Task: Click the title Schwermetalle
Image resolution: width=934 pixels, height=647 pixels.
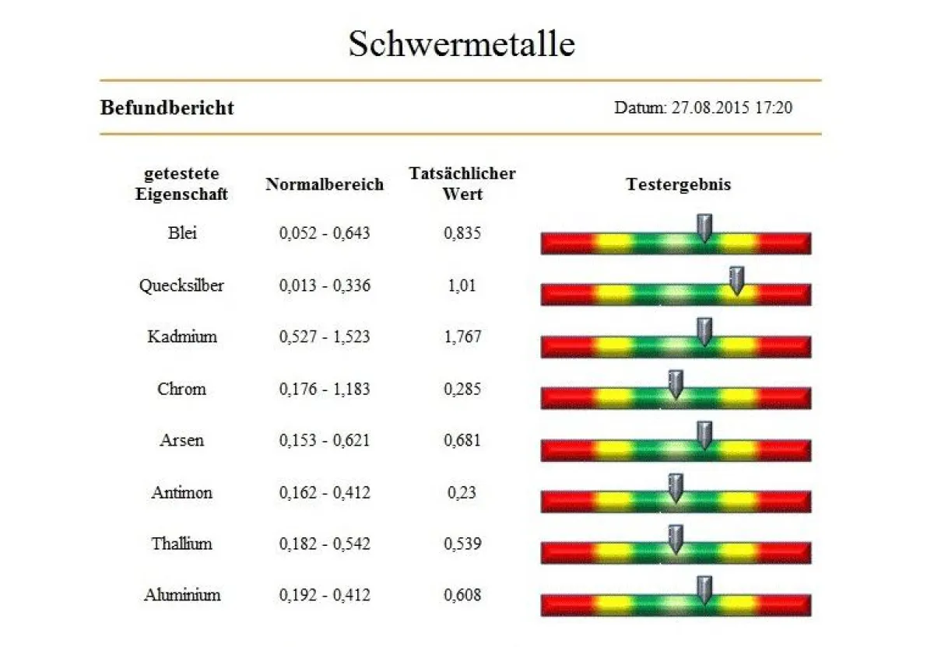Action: pyautogui.click(x=462, y=44)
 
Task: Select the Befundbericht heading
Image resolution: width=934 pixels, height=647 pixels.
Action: pyautogui.click(x=167, y=107)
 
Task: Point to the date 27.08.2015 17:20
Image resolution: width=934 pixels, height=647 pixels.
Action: pyautogui.click(x=703, y=107)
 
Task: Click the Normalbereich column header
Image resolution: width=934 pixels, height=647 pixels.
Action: pyautogui.click(x=325, y=184)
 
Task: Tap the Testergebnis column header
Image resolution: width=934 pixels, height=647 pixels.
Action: pyautogui.click(x=678, y=184)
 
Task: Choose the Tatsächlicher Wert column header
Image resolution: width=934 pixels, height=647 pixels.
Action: pyautogui.click(x=462, y=184)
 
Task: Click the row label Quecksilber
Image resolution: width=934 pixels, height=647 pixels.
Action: pyautogui.click(x=181, y=285)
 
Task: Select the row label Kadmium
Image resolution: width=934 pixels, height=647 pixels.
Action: pyautogui.click(x=181, y=337)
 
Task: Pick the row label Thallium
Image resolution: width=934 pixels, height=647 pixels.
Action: pyautogui.click(x=181, y=544)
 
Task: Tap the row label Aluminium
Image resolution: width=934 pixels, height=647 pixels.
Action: pyautogui.click(x=181, y=595)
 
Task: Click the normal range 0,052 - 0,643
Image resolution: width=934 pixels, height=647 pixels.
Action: pyautogui.click(x=325, y=233)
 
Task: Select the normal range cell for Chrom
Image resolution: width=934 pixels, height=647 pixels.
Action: pyautogui.click(x=325, y=389)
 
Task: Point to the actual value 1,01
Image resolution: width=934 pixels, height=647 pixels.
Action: pyautogui.click(x=462, y=285)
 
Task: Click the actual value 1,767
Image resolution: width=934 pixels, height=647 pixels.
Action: pyautogui.click(x=462, y=337)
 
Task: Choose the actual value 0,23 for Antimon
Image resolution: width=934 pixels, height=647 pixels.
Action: pyautogui.click(x=462, y=492)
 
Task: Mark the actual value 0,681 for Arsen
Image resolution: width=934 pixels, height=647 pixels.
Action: pyautogui.click(x=462, y=440)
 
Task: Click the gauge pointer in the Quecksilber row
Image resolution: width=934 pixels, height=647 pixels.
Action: pyautogui.click(x=736, y=281)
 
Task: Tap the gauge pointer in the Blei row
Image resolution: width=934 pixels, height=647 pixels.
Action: pyautogui.click(x=704, y=228)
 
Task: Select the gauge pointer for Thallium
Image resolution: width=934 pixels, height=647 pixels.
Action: pyautogui.click(x=676, y=539)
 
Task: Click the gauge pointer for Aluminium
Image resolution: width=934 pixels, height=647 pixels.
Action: pyautogui.click(x=704, y=590)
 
